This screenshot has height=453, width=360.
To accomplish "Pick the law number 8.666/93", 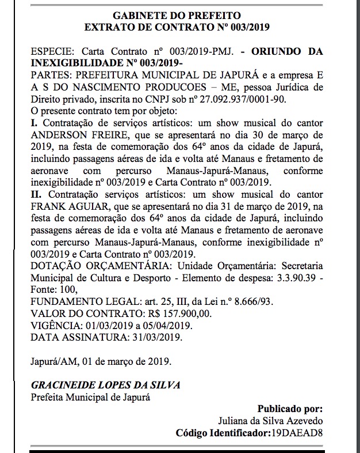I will [x=255, y=301].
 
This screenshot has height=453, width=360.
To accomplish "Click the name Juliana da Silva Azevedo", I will [x=276, y=420].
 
